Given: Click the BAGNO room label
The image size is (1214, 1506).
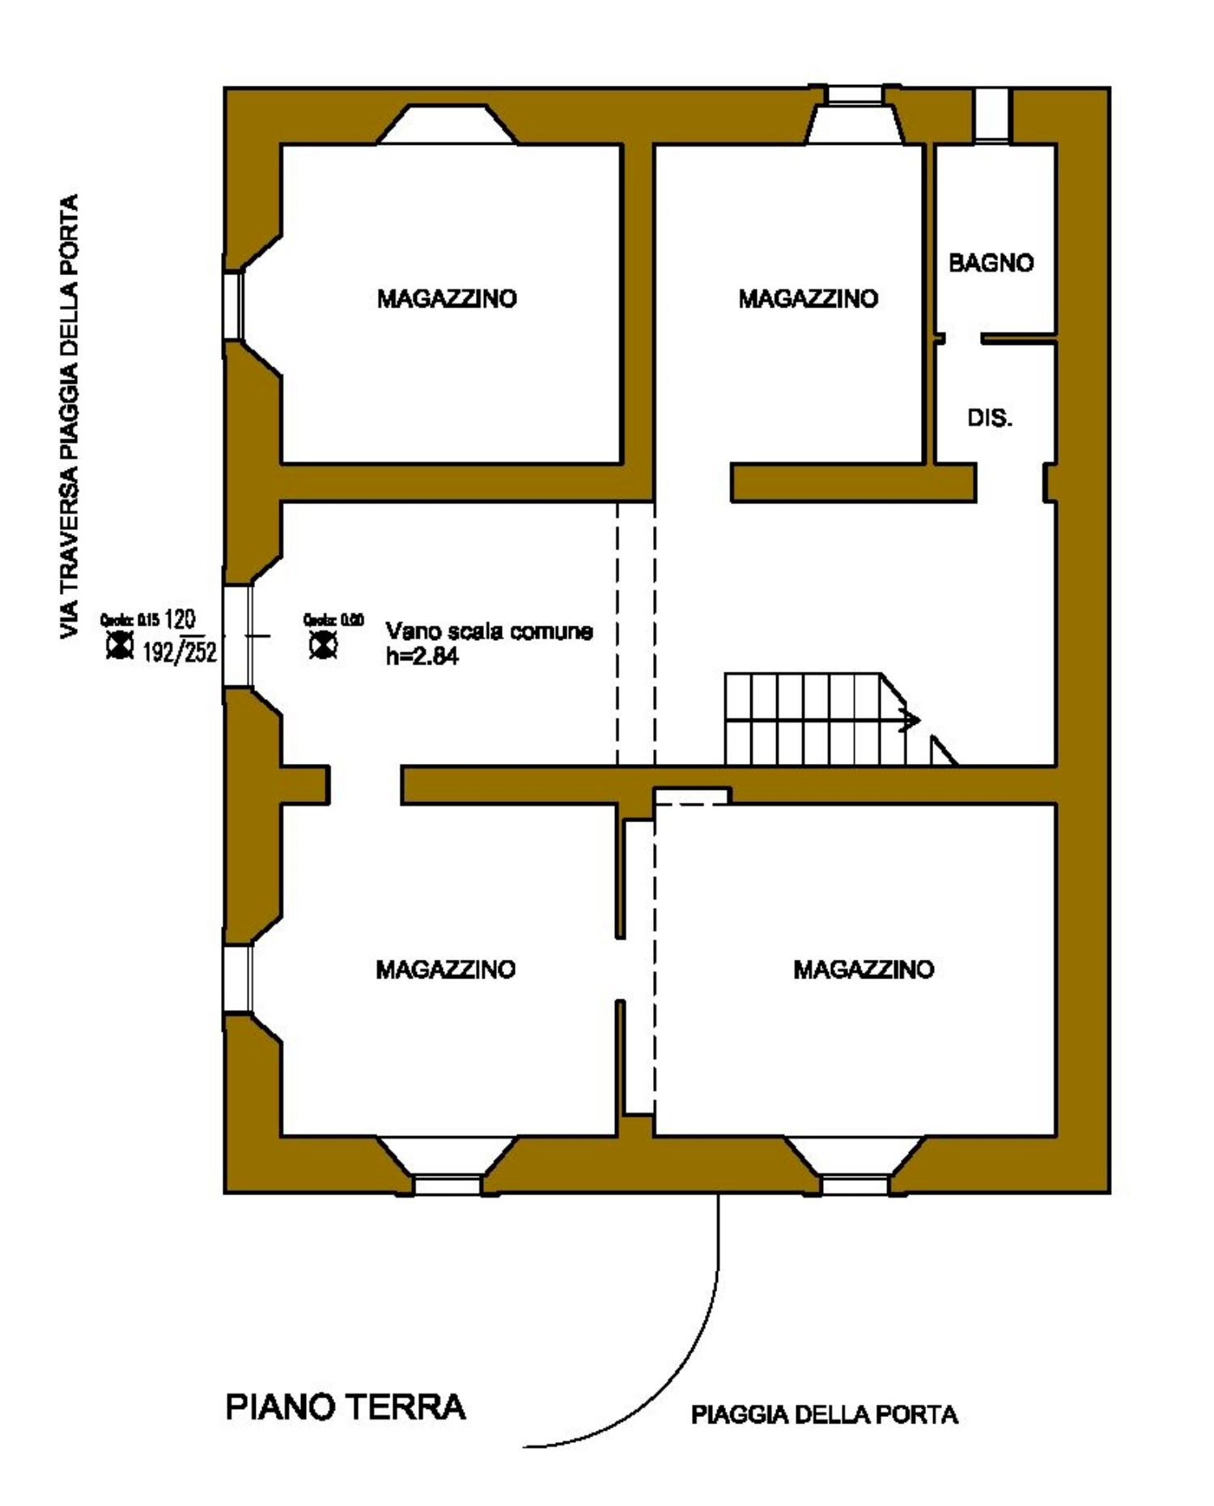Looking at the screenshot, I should (x=991, y=263).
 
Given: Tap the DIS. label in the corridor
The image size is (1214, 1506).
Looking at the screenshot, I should (x=990, y=418).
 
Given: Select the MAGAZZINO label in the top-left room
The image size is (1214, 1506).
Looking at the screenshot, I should (x=447, y=299).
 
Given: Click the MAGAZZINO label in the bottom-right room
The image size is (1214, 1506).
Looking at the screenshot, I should (x=864, y=969).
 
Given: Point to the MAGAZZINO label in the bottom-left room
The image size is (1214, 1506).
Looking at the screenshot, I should (x=445, y=969).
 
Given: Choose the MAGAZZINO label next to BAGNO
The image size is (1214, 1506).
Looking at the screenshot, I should (x=808, y=299).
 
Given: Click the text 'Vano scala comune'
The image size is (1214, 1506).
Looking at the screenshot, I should (x=489, y=631).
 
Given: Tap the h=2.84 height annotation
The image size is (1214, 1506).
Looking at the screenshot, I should (x=422, y=657).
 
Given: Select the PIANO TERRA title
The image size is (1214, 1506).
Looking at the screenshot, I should (x=346, y=1407).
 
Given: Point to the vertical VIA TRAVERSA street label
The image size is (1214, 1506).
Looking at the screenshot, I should (x=70, y=417).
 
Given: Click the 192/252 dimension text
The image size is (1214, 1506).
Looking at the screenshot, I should (x=180, y=652).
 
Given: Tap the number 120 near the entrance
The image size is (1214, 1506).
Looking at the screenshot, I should (x=180, y=620).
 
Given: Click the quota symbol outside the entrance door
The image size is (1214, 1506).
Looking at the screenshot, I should (x=121, y=646).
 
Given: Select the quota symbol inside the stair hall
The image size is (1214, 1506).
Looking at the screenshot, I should (x=324, y=646).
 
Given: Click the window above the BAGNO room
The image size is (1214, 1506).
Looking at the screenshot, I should (x=991, y=115).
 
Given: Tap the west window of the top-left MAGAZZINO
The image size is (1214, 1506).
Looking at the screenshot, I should (x=233, y=305).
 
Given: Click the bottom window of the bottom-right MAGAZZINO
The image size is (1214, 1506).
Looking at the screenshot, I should (x=855, y=1186).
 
